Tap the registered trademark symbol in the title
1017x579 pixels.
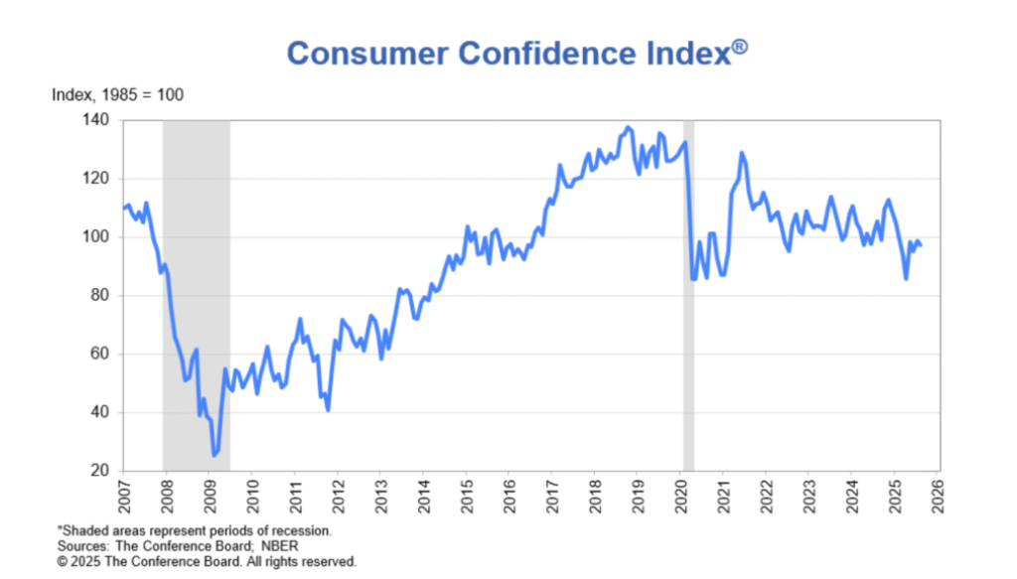click(x=740, y=46)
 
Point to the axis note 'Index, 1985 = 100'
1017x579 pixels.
click(x=117, y=95)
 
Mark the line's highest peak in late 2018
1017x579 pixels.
click(x=628, y=128)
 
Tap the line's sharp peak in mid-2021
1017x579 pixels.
click(x=741, y=153)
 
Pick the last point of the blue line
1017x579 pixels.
click(x=921, y=245)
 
